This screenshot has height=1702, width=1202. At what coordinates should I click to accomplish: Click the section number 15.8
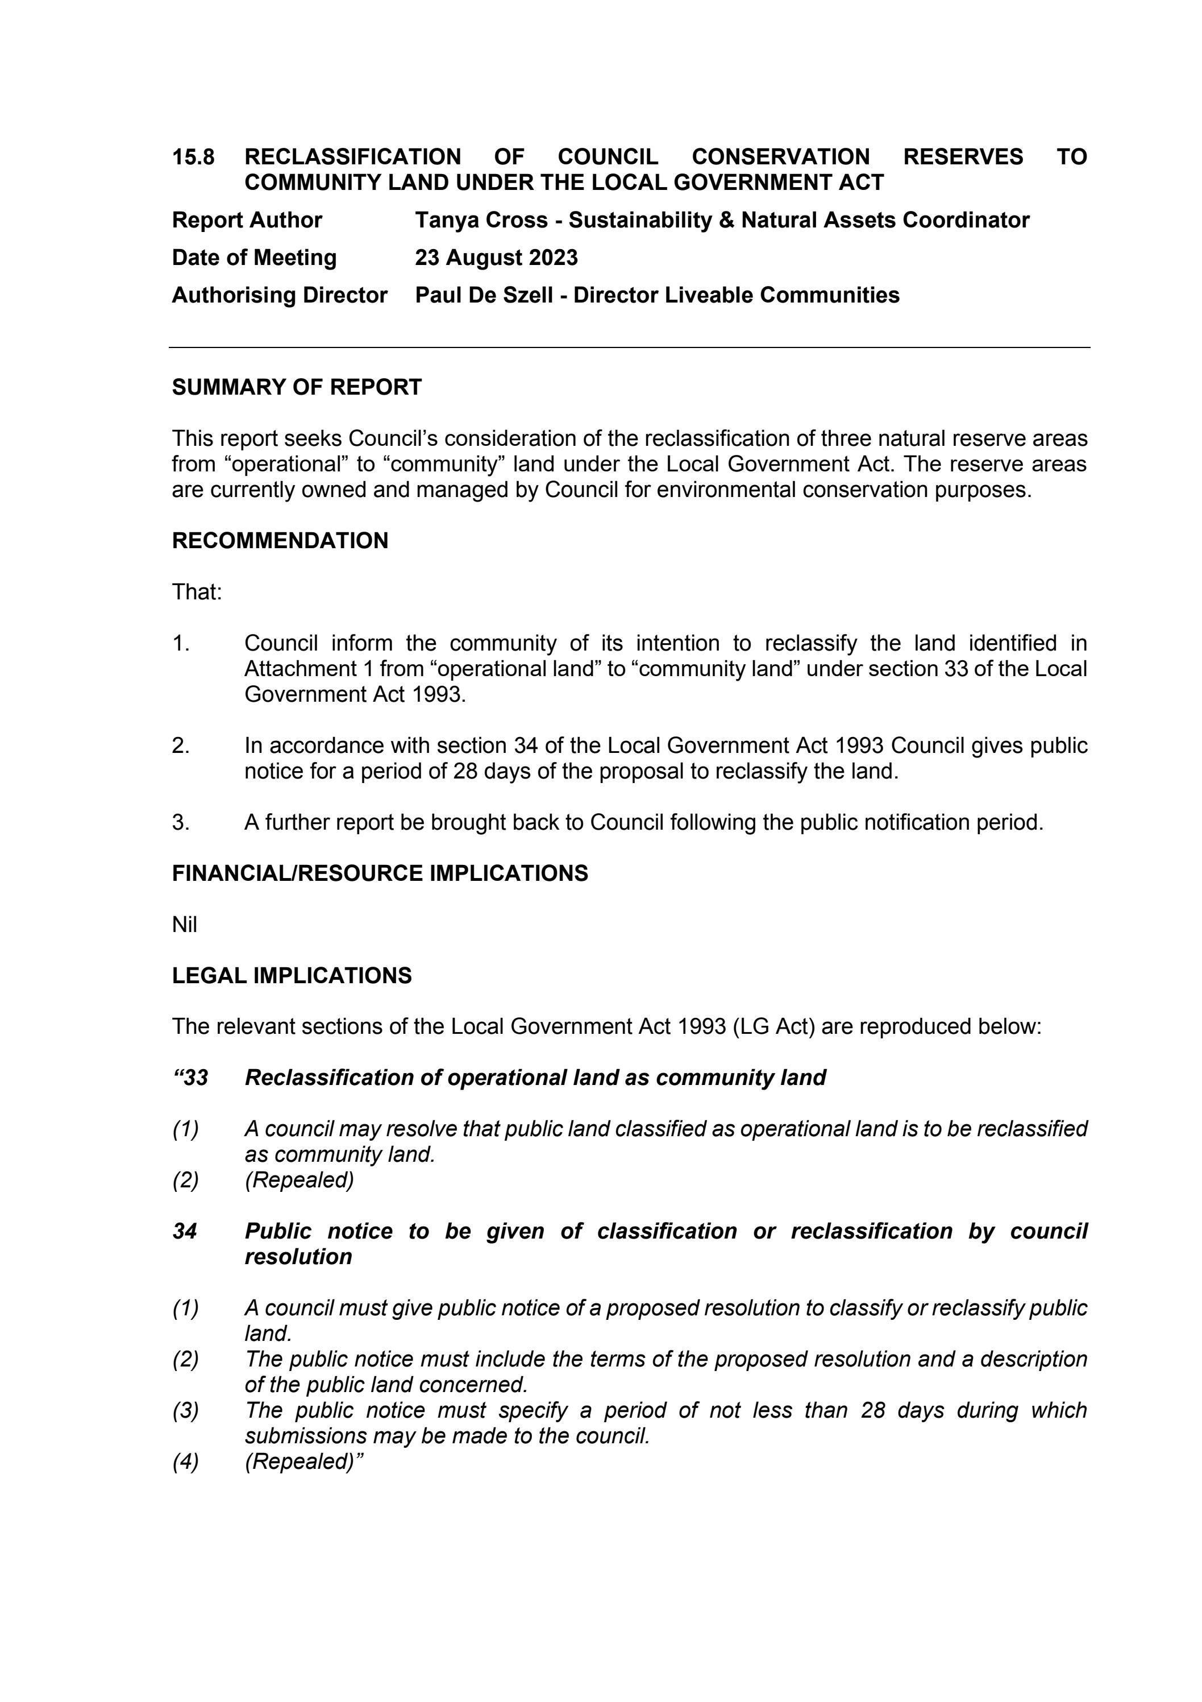point(193,157)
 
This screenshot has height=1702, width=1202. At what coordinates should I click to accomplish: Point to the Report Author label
point(247,220)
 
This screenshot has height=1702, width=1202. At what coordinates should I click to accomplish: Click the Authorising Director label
point(280,295)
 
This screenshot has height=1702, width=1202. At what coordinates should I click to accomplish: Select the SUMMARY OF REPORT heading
point(297,387)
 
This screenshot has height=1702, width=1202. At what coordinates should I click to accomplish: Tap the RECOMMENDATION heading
point(280,540)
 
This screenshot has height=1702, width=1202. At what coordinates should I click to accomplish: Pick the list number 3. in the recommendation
point(181,822)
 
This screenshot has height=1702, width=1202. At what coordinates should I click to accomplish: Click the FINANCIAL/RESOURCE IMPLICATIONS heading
point(380,873)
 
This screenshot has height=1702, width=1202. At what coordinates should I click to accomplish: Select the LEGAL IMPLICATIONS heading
point(291,976)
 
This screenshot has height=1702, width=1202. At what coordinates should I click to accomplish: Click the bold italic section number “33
point(190,1077)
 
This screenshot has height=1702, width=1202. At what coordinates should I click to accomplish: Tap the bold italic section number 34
point(185,1231)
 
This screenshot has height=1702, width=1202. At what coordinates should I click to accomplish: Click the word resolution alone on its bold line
point(298,1257)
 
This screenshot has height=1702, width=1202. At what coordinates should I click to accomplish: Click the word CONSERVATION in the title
point(780,157)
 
